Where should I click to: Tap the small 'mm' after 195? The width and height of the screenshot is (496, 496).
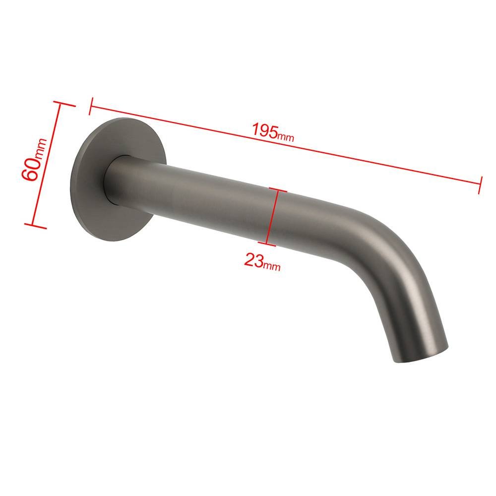point(286,137)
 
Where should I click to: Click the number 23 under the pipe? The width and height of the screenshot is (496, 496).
point(253,260)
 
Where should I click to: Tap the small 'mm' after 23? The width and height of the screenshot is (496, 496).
point(272,266)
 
